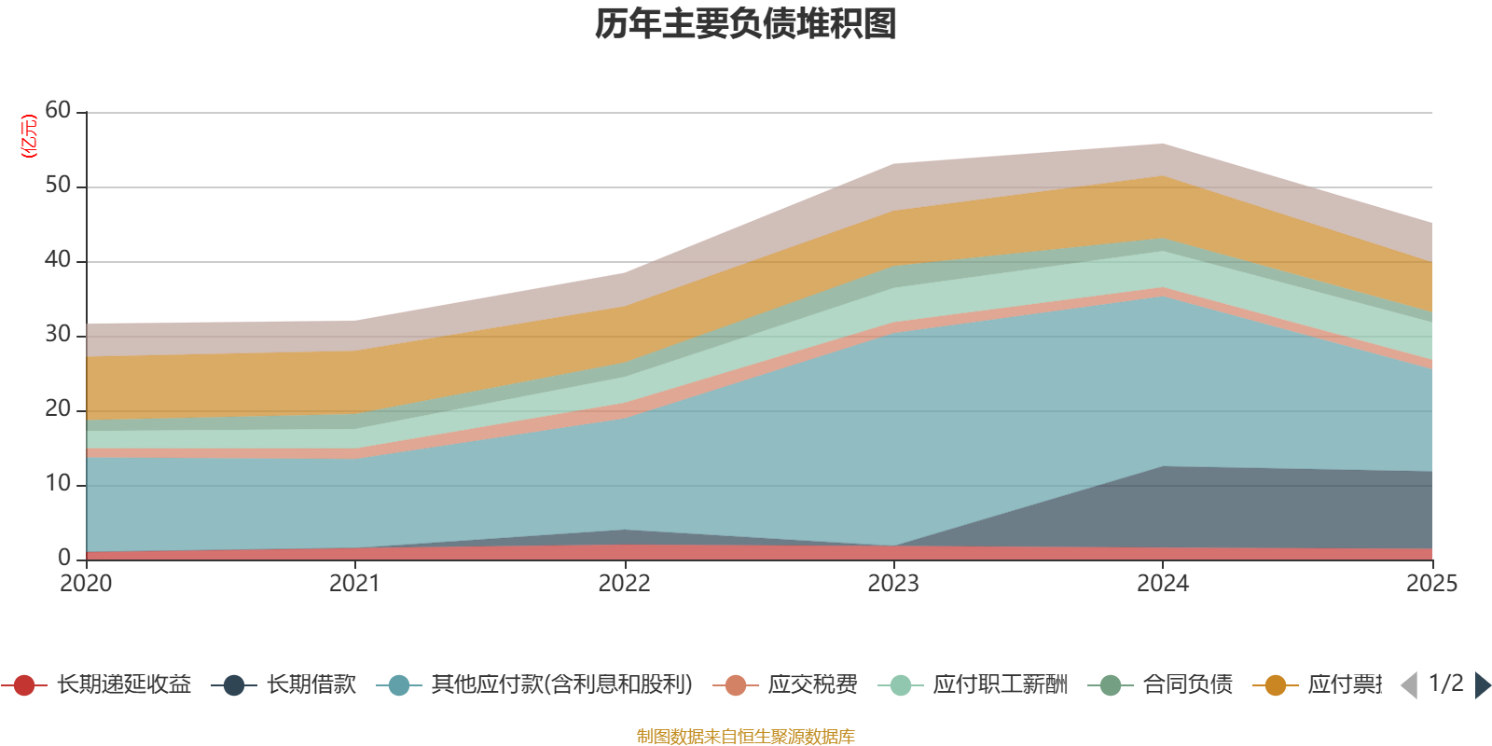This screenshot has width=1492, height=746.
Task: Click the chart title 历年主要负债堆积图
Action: coord(746,24)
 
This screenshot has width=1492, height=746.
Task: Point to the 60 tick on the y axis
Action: coord(58,111)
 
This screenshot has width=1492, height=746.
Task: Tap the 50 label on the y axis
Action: coord(58,186)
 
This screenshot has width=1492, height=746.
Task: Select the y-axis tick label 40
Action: coord(58,260)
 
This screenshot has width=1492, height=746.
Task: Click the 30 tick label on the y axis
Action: coord(58,335)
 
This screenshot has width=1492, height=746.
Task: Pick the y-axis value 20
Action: coord(58,409)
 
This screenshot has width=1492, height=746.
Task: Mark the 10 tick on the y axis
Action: coord(58,484)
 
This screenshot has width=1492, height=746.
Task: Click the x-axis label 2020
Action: coord(86,584)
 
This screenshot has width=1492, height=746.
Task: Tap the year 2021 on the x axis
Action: coord(354,584)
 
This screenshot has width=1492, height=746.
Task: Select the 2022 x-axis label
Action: coord(624,584)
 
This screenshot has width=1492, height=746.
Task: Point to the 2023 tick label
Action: coord(893,584)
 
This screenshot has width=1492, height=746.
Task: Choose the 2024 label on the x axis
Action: coord(1162,584)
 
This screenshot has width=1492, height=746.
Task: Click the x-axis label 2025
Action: coord(1431,584)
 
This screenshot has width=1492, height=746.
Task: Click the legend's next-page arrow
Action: coord(1482,685)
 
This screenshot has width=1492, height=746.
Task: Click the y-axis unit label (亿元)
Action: coord(29,136)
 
